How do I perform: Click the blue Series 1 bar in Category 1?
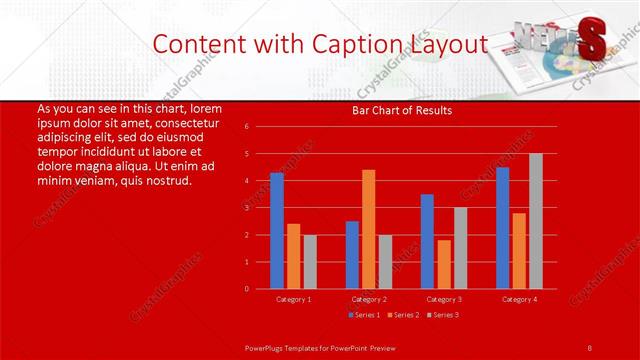276,231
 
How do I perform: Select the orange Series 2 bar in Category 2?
368,229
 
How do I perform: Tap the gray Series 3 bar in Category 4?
535,221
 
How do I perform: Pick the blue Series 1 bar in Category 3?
427,241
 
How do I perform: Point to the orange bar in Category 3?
443,264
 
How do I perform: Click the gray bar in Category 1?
309,262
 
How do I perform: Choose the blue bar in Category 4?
502,228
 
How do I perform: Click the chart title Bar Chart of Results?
402,111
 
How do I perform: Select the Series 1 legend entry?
364,315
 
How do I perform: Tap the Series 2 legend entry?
402,315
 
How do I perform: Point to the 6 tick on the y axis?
246,127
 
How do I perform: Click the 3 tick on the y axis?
246,208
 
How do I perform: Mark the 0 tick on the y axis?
246,289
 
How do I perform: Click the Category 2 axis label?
368,299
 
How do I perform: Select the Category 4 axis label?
518,299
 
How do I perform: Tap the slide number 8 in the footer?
589,346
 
